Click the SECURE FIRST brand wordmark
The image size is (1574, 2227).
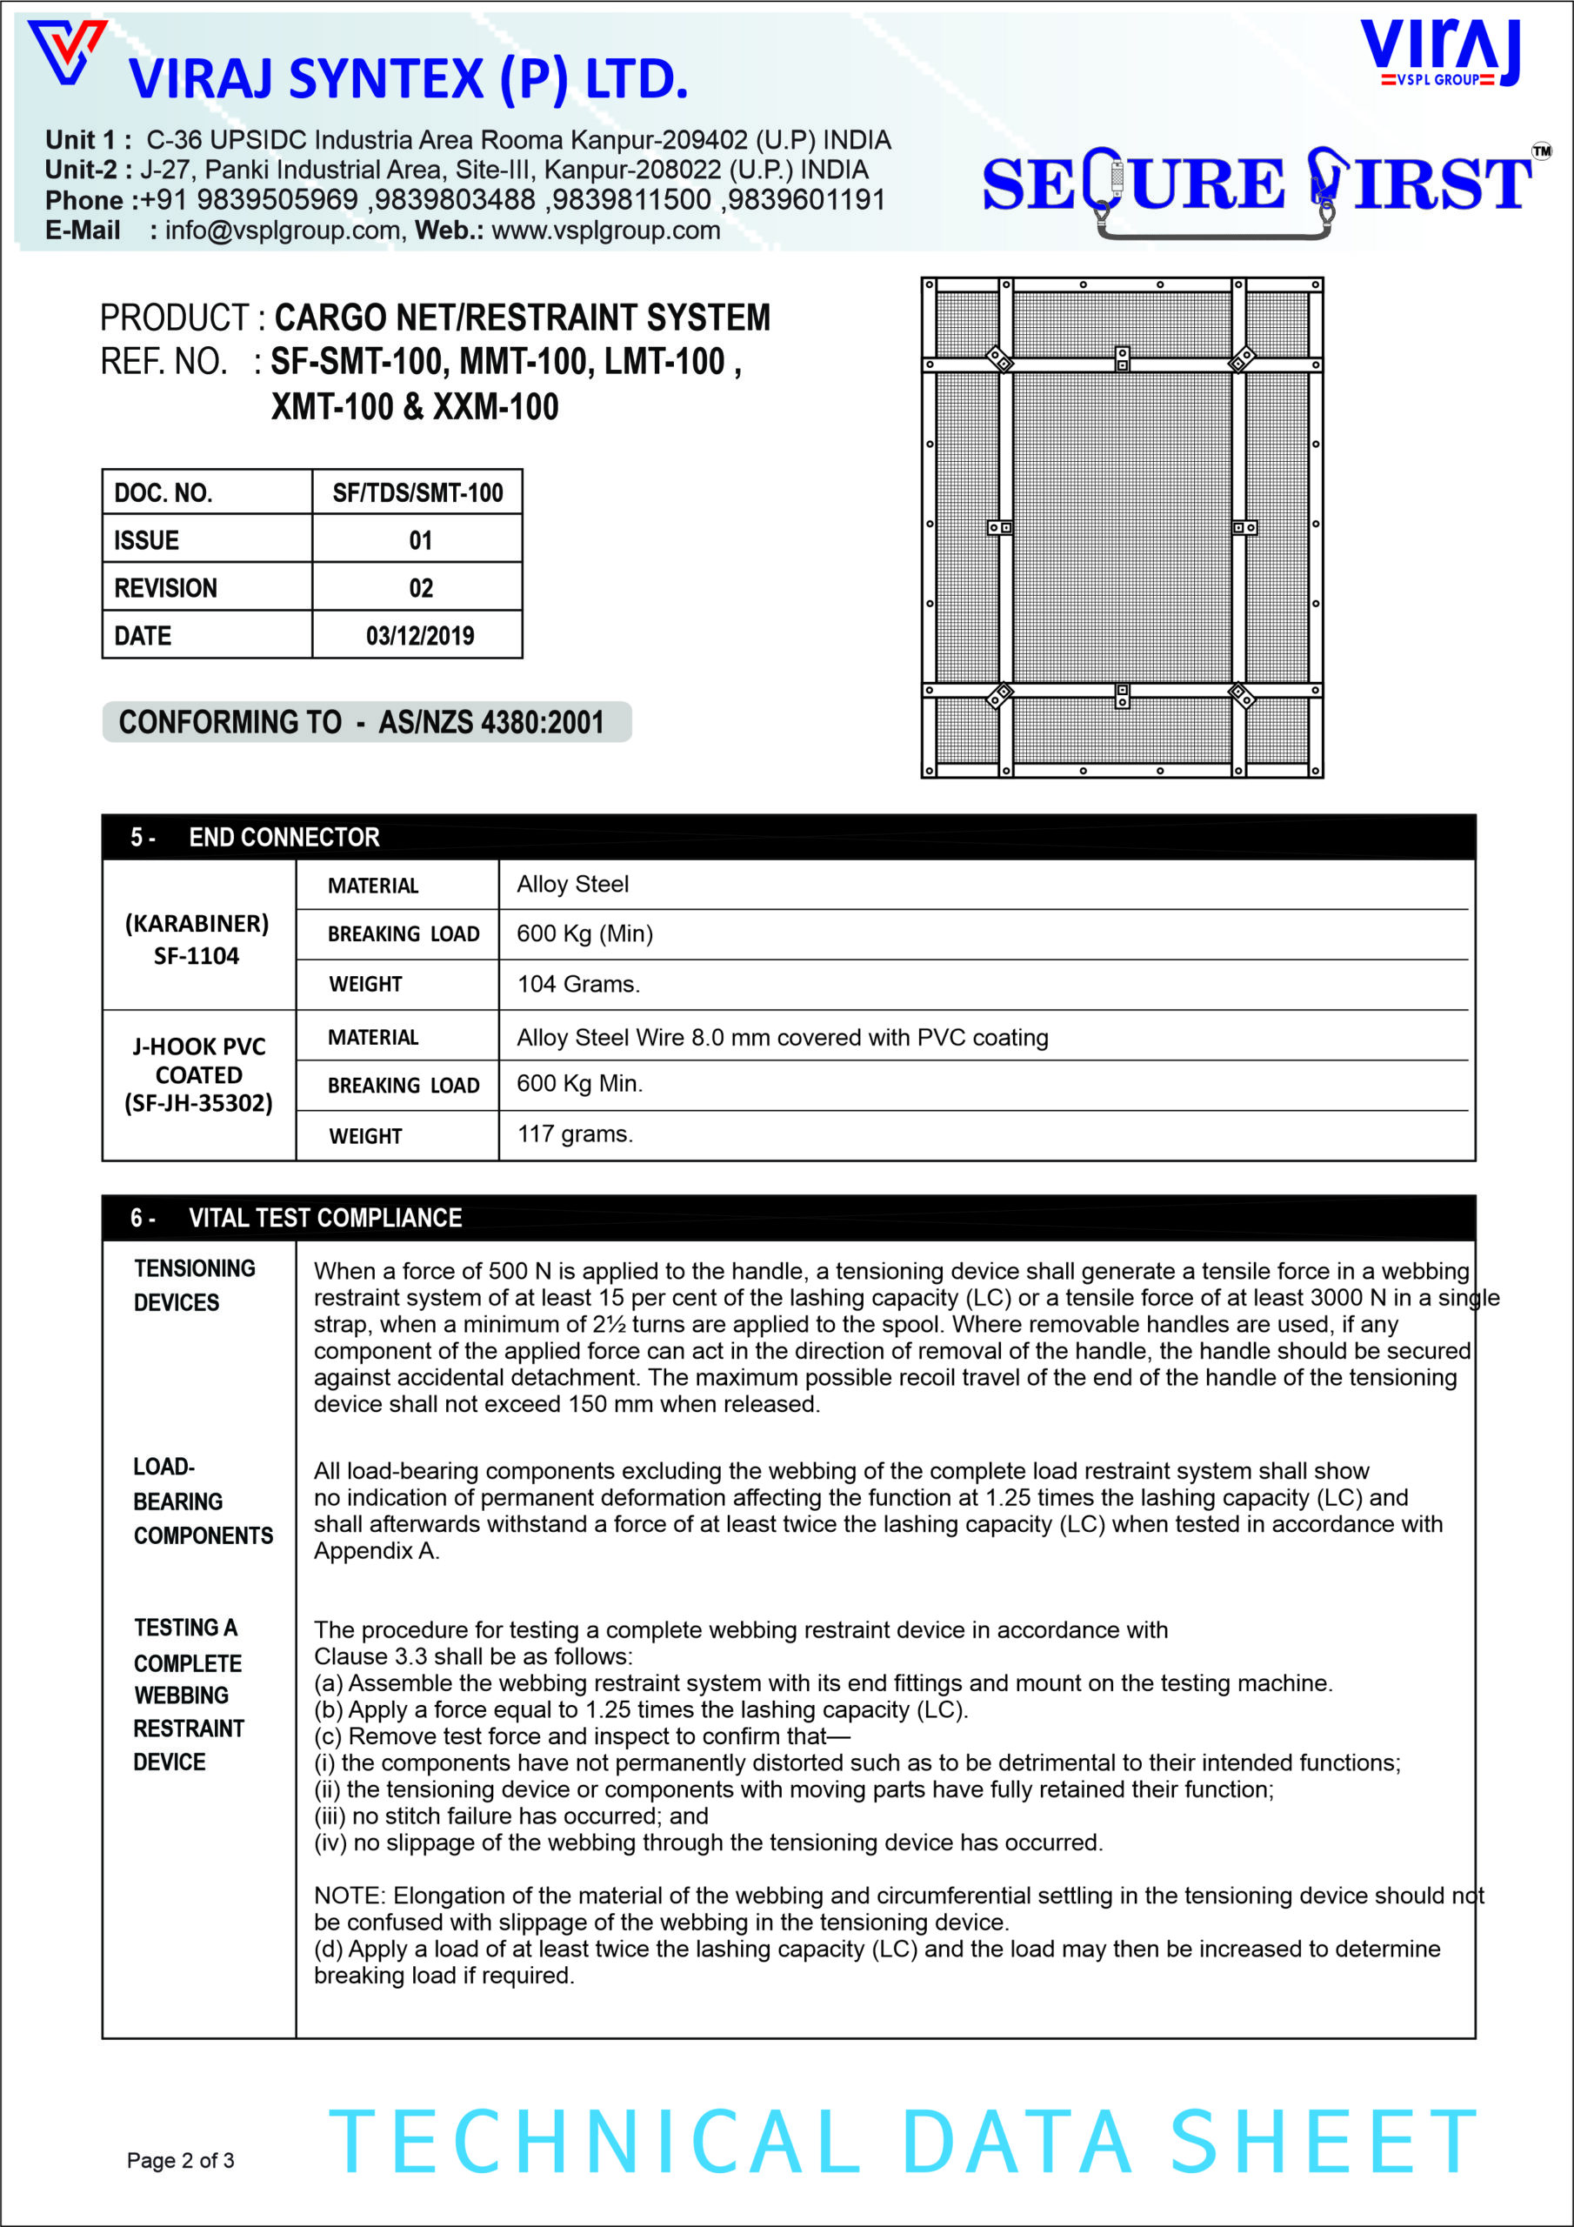[x=1257, y=184]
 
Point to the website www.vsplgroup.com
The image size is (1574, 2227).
[x=605, y=231]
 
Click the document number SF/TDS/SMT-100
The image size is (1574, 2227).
[x=417, y=492]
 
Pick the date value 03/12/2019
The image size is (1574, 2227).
[x=419, y=636]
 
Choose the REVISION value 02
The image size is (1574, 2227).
[x=420, y=588]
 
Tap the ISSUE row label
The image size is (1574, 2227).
[x=146, y=540]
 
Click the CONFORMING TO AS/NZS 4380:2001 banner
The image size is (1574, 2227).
[x=367, y=722]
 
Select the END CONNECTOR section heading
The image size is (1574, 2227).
[x=283, y=837]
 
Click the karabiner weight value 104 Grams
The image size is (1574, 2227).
[x=578, y=985]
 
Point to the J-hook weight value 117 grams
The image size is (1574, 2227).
[x=574, y=1134]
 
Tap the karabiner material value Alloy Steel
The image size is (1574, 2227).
[x=572, y=885]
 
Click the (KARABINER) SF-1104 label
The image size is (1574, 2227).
[x=197, y=939]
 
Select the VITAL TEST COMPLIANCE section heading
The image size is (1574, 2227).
[x=325, y=1217]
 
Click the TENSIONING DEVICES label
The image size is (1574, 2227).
[x=194, y=1285]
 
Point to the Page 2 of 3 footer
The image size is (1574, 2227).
[x=180, y=2160]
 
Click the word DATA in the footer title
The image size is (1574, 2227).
[x=1017, y=2143]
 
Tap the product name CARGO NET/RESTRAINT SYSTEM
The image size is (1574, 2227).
[x=522, y=318]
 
